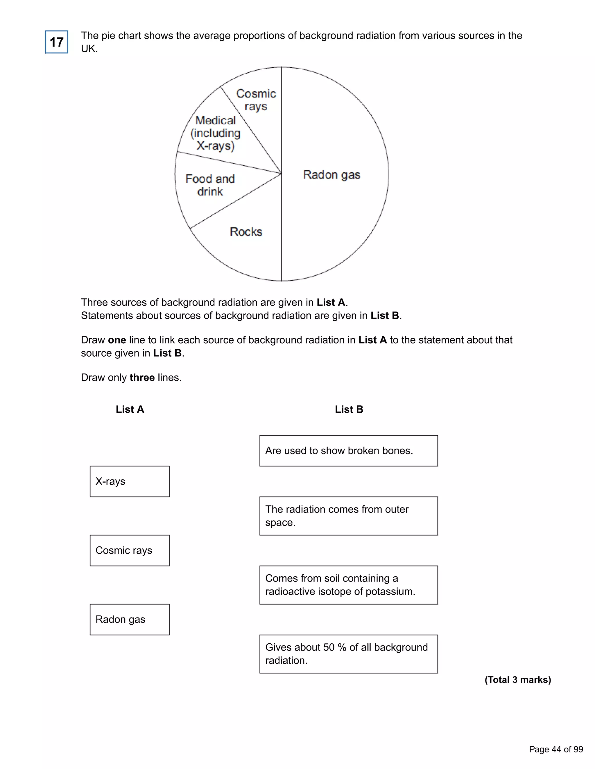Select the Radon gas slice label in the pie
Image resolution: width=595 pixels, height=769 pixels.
click(x=331, y=175)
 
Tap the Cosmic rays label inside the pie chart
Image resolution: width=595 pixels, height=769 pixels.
click(x=256, y=100)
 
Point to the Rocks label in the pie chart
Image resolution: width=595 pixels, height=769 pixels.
click(x=246, y=232)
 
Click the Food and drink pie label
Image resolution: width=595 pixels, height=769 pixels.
click(x=210, y=185)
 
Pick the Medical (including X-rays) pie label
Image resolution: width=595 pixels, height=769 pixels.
click(x=215, y=133)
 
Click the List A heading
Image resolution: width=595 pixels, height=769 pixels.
click(x=130, y=409)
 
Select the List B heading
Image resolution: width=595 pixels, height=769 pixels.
click(x=349, y=409)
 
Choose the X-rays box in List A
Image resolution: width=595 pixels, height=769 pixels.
click(x=129, y=481)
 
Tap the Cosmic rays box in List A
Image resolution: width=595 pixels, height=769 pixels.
click(x=129, y=550)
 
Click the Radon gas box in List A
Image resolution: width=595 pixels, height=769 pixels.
click(x=129, y=619)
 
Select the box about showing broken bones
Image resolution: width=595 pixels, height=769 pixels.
click(x=348, y=451)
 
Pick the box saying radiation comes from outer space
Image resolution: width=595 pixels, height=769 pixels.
click(x=348, y=516)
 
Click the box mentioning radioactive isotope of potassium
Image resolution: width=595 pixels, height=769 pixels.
click(x=348, y=585)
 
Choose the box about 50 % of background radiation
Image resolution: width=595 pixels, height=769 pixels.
click(x=348, y=654)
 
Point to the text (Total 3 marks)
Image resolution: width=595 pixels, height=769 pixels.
click(x=517, y=680)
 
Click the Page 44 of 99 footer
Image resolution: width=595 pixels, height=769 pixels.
click(x=556, y=749)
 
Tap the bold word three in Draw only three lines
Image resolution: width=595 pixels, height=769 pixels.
click(x=142, y=378)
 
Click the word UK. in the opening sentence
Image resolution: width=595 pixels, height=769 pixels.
click(x=89, y=49)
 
